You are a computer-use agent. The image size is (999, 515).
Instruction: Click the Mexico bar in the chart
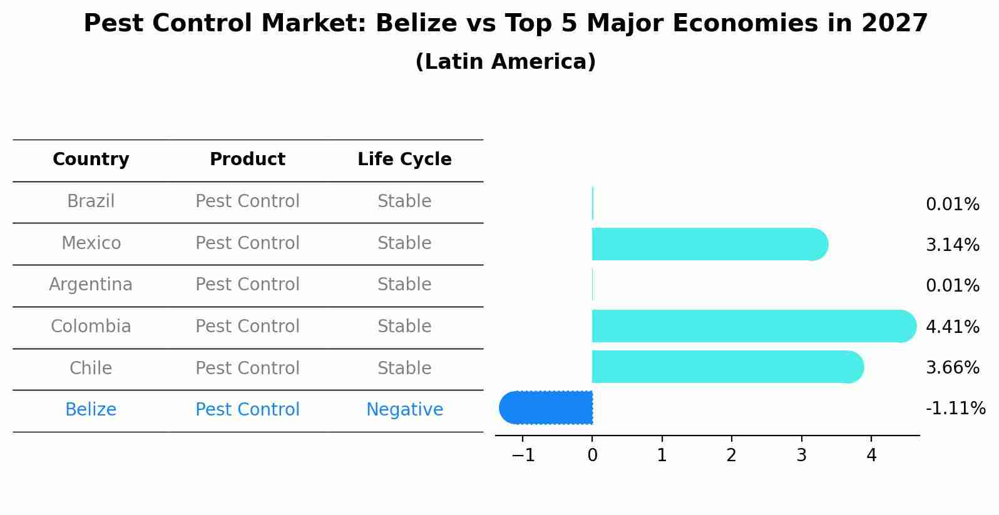pos(707,244)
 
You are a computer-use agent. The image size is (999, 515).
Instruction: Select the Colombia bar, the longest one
pos(751,326)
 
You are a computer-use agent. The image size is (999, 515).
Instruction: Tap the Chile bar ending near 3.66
pos(726,367)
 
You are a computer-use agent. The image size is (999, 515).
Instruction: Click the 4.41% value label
pos(952,327)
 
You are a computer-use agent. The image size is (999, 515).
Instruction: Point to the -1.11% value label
pos(955,409)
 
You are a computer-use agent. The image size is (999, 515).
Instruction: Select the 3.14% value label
pos(952,245)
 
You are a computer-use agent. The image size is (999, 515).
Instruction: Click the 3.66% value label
pos(952,367)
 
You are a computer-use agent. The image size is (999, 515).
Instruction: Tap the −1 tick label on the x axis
pos(523,456)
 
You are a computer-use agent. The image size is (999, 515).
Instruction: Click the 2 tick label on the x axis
pos(732,456)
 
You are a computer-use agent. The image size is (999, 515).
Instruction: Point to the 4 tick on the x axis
pos(871,456)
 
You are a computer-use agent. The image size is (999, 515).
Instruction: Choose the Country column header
pos(91,160)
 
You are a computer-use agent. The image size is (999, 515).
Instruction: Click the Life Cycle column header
pos(404,160)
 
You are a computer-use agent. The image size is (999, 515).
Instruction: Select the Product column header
pos(247,160)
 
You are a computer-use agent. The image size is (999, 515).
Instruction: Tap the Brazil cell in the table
pos(91,201)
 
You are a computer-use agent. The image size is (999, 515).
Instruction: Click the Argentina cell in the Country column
pos(91,285)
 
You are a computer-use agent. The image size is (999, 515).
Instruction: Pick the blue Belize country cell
pos(91,410)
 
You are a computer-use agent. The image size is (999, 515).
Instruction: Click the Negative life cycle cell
pos(404,410)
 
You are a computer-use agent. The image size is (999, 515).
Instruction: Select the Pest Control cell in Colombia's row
pos(247,327)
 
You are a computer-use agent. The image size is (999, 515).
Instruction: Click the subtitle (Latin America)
pos(505,62)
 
